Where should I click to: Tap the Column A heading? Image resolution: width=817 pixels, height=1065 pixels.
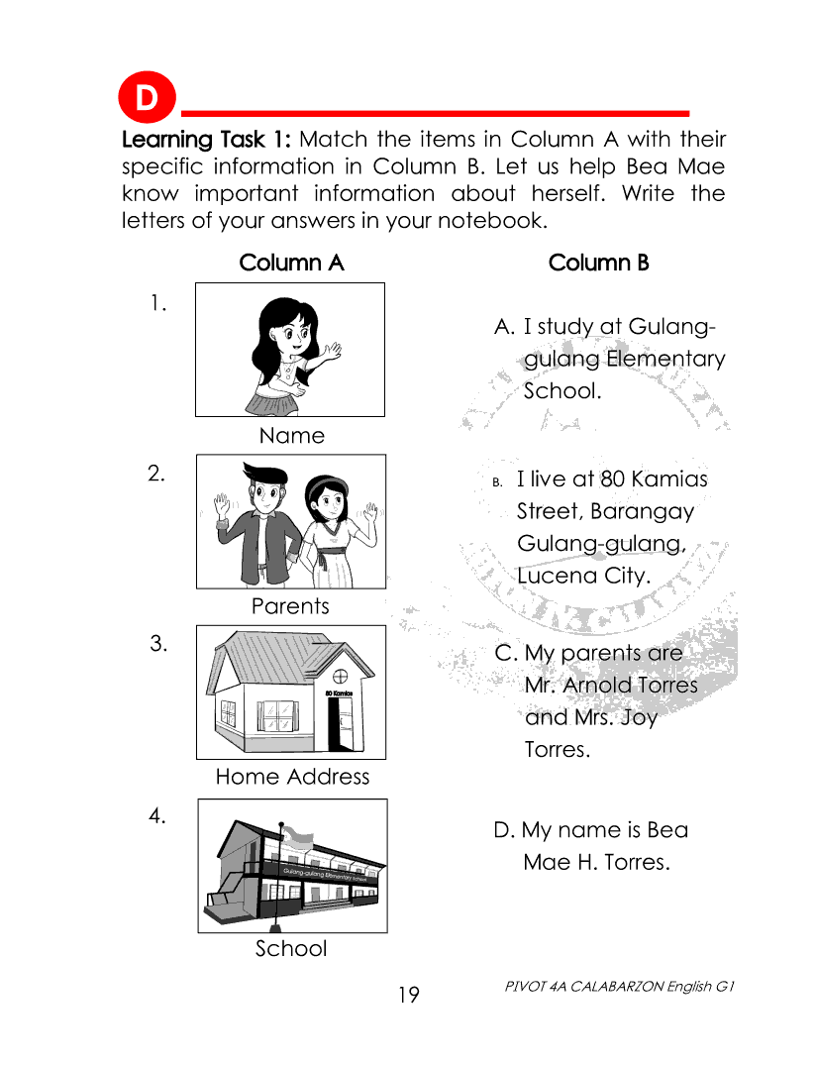pos(291,263)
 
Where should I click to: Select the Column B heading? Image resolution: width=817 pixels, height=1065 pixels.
pos(598,263)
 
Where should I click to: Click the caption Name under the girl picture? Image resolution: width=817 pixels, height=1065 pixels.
pos(291,436)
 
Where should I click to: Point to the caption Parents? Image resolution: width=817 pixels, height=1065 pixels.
pos(290,606)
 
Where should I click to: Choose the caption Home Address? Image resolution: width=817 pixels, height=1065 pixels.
pos(292,777)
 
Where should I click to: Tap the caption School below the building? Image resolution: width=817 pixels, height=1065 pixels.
pos(290,949)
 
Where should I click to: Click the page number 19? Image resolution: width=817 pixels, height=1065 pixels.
pos(409,994)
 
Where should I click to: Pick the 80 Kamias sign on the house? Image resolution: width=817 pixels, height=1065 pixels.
pos(340,692)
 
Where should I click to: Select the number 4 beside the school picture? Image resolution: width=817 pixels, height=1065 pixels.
pos(156,815)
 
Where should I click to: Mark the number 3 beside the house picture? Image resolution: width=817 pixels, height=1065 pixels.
pos(157,644)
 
